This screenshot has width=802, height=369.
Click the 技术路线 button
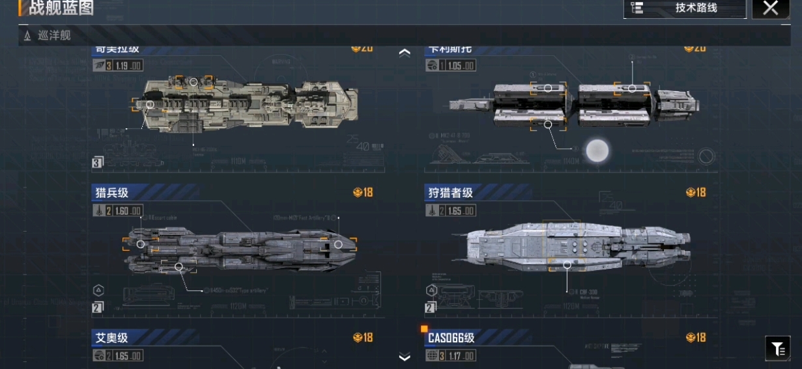[x=685, y=8]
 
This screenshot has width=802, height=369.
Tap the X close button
[x=771, y=8]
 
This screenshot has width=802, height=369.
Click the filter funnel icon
[x=778, y=349]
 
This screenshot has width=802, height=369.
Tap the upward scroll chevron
[x=405, y=53]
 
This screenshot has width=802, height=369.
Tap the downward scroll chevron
[x=405, y=357]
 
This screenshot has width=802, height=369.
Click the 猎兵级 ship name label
[x=112, y=192]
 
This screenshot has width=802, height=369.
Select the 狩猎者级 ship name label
[x=450, y=192]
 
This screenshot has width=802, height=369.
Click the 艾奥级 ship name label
[x=111, y=337]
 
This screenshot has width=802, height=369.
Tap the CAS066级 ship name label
[x=451, y=337]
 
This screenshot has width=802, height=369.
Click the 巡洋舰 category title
[x=54, y=36]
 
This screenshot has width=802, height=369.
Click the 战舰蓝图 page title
[x=61, y=8]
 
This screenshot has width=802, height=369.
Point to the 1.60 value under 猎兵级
[x=128, y=211]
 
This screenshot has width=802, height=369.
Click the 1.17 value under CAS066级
[x=461, y=356]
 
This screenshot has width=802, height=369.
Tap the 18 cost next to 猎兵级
[x=363, y=192]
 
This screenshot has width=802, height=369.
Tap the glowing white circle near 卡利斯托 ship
[x=597, y=151]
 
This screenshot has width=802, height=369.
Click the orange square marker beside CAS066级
[x=424, y=329]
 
